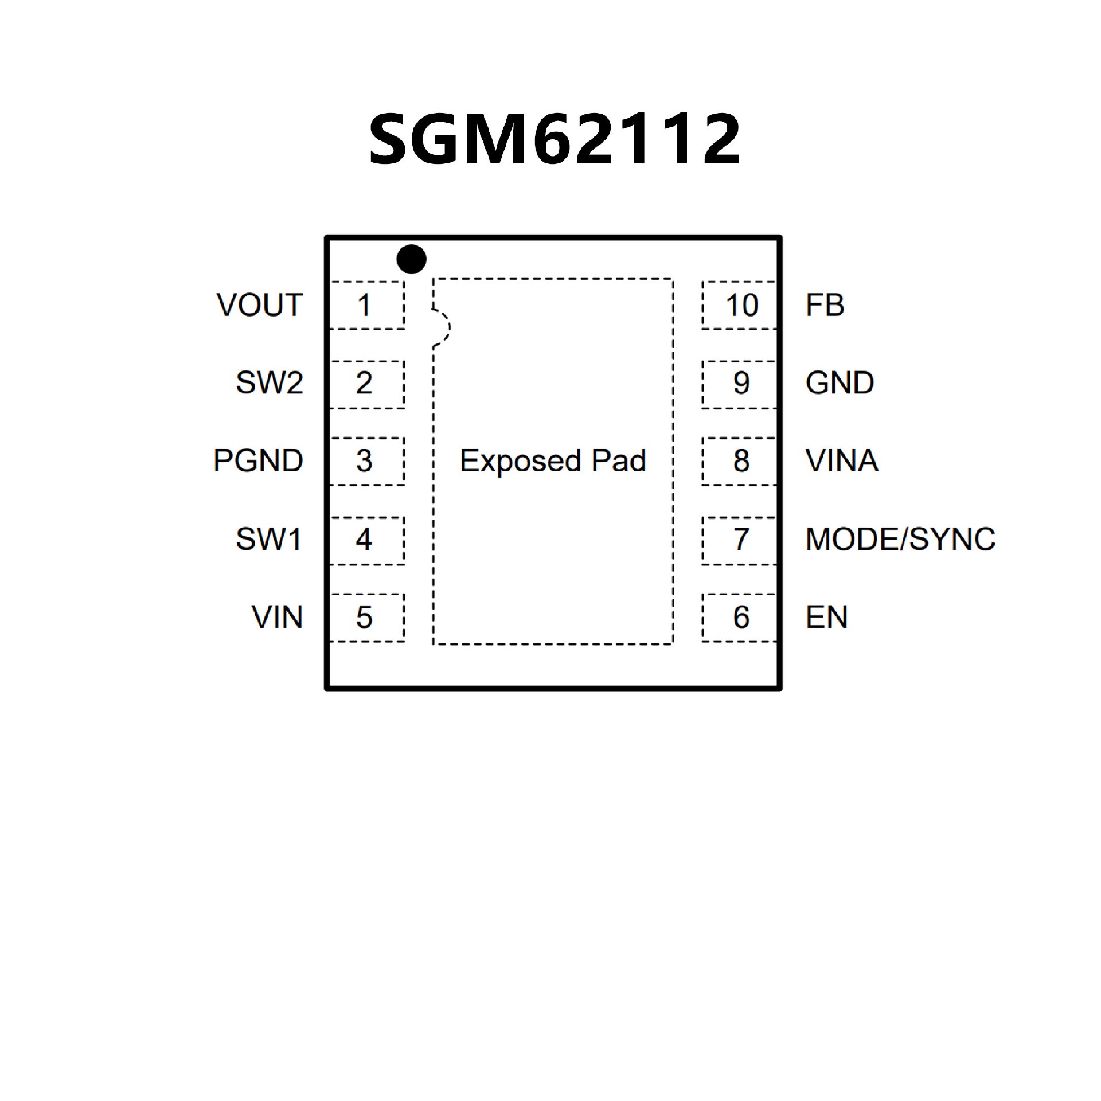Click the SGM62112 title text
tap(554, 139)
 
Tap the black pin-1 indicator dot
tap(411, 259)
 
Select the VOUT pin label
tap(260, 305)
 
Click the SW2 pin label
tap(270, 383)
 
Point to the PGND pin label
tap(258, 461)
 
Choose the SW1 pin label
tap(269, 540)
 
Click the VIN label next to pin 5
tap(277, 618)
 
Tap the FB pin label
tap(825, 305)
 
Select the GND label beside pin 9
tap(840, 383)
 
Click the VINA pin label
tap(842, 461)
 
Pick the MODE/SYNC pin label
tap(900, 540)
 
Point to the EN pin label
tap(826, 618)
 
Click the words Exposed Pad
tap(553, 461)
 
